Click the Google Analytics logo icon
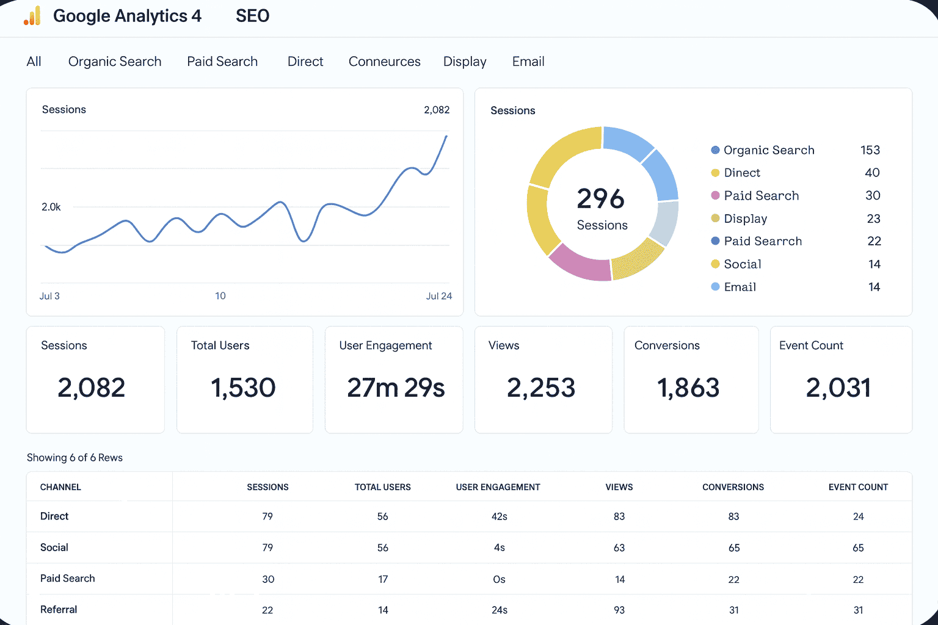click(32, 16)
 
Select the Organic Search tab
click(115, 62)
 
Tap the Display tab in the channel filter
click(465, 62)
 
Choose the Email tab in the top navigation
click(528, 62)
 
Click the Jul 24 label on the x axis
click(438, 296)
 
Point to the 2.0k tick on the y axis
click(51, 208)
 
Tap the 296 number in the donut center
click(601, 199)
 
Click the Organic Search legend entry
click(768, 150)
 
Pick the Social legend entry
click(742, 264)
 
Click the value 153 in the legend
click(870, 150)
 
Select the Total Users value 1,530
click(243, 388)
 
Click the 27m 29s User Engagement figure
click(396, 388)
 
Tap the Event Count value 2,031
click(838, 388)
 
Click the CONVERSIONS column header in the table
click(733, 487)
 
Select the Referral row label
click(59, 610)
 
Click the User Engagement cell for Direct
click(499, 517)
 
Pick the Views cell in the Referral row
click(619, 610)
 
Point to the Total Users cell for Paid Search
click(383, 579)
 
